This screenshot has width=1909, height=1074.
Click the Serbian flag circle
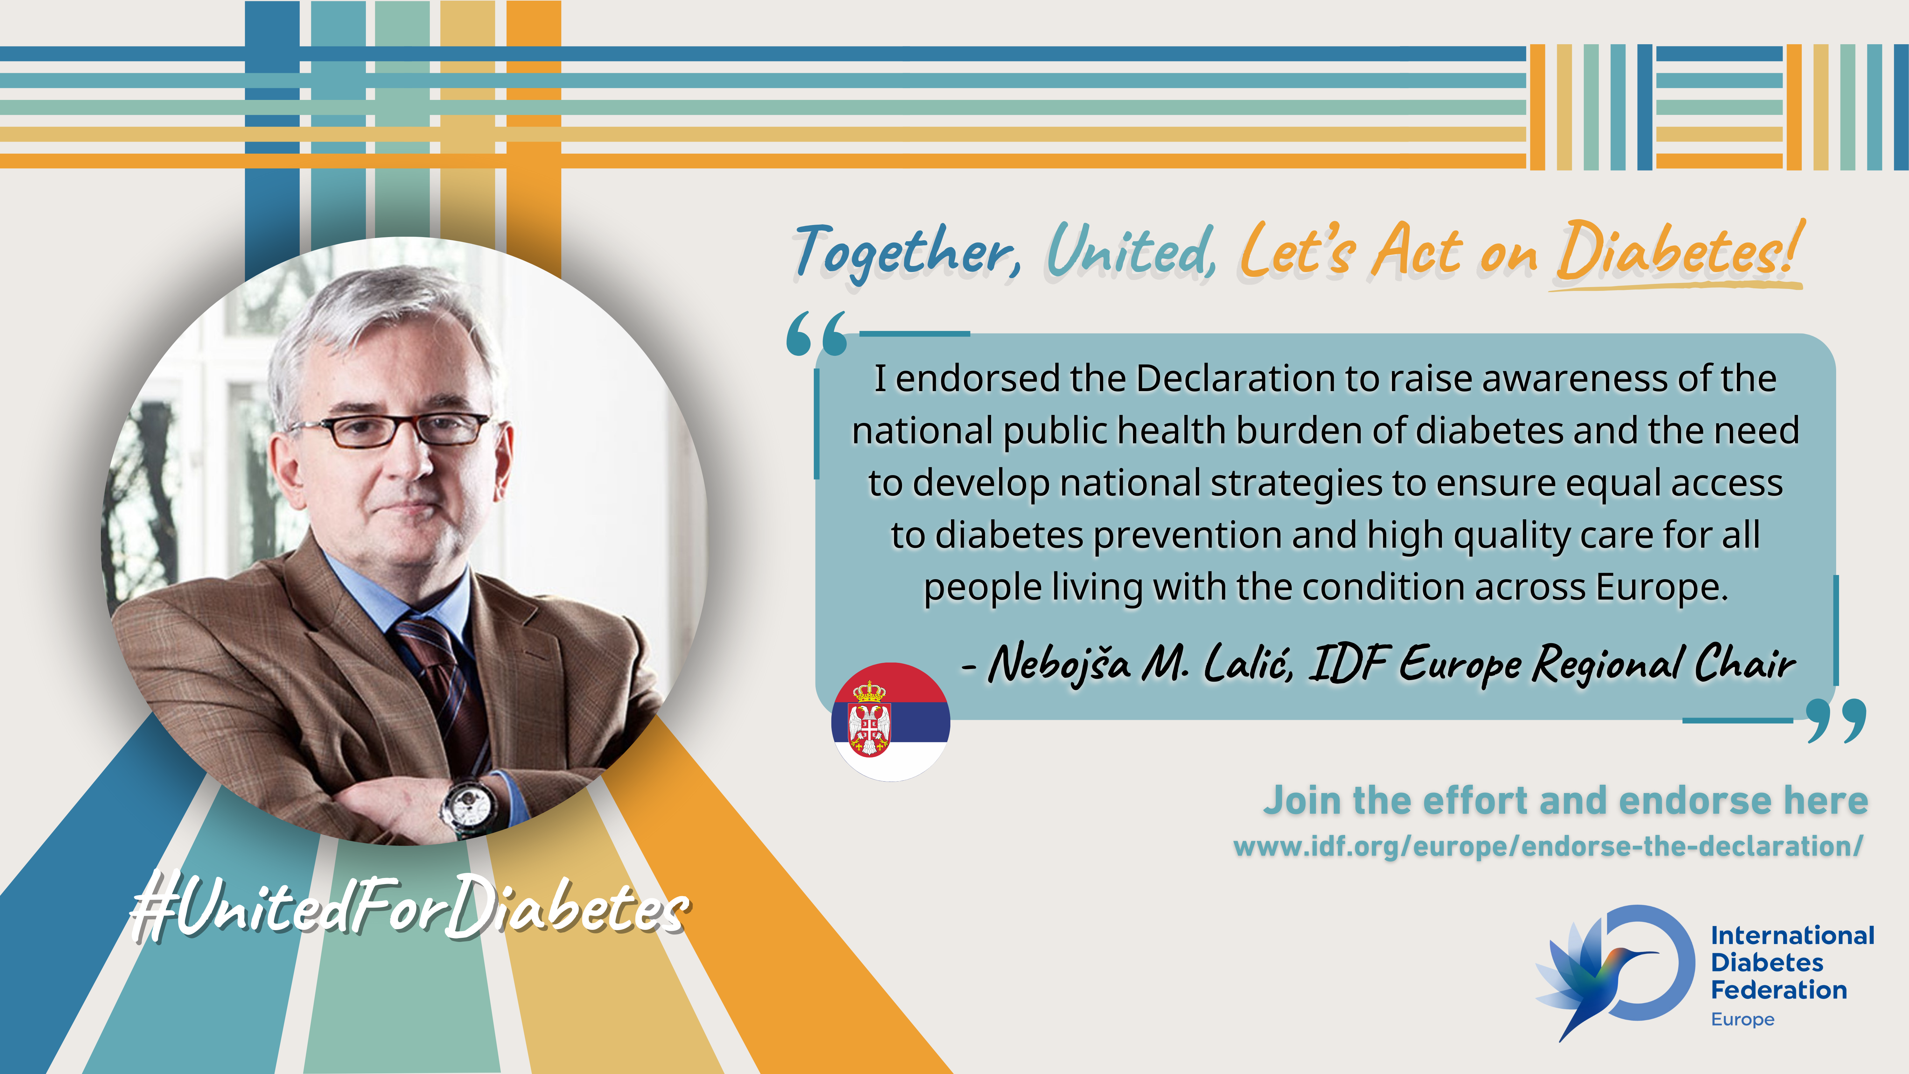click(x=890, y=721)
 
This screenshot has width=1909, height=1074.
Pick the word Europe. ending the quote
click(x=1662, y=587)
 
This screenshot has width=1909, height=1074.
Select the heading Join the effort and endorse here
click(x=1565, y=801)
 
